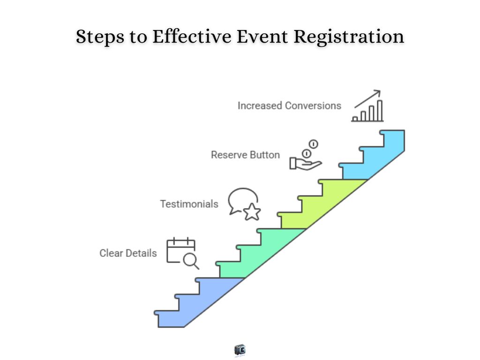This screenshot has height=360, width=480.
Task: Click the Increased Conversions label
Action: pyautogui.click(x=289, y=105)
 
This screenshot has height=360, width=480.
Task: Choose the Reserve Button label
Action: pyautogui.click(x=245, y=155)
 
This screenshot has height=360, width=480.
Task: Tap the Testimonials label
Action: pyautogui.click(x=189, y=204)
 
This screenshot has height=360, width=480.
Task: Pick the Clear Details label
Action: pyautogui.click(x=128, y=253)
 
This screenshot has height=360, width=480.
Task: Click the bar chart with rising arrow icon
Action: pyautogui.click(x=368, y=106)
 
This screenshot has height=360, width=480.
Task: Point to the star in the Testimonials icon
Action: pyautogui.click(x=252, y=212)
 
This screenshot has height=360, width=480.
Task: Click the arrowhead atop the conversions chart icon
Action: pyautogui.click(x=377, y=92)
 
